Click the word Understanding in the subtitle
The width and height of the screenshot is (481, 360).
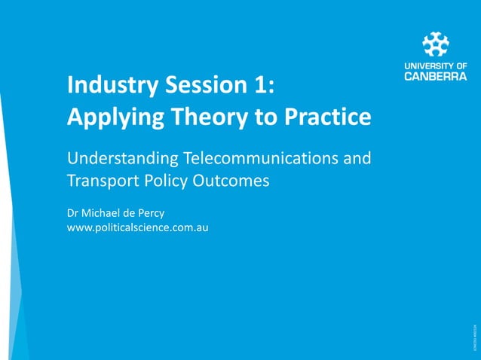[122, 160]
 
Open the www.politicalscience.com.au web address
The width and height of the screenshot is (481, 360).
[137, 227]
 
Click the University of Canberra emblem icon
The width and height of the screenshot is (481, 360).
[436, 44]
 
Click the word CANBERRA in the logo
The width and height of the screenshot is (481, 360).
[436, 75]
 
